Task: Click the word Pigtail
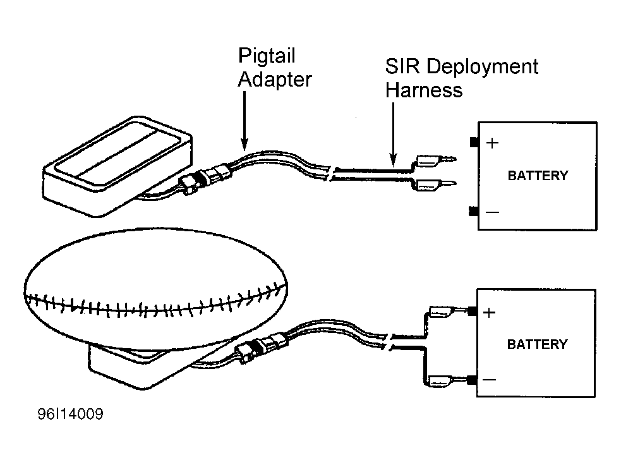267,56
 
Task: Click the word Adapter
275,79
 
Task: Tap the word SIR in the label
402,66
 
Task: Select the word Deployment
483,67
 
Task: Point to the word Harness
424,90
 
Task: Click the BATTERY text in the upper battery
538,176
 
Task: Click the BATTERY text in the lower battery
537,344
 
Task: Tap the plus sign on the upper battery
492,143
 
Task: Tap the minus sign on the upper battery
492,212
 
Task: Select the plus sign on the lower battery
490,313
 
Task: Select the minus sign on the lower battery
490,380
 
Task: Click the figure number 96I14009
71,414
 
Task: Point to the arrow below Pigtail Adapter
244,121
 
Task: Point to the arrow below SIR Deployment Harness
393,134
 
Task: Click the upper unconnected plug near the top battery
435,160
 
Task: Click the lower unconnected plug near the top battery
435,184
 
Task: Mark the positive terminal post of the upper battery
474,142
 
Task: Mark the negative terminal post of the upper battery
473,212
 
